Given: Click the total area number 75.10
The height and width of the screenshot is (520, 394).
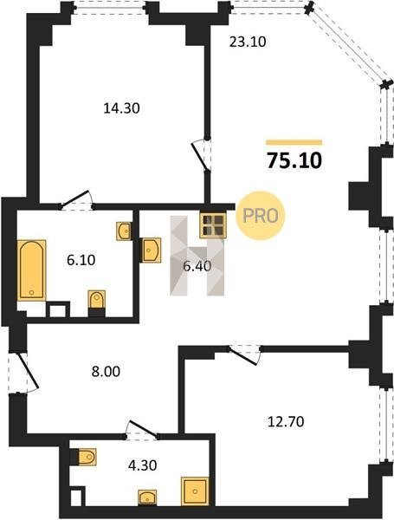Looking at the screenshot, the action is click(294, 160).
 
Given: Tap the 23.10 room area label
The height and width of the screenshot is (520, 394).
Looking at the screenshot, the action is click(248, 42).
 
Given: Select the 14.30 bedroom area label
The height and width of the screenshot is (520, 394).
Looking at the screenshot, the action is click(121, 108).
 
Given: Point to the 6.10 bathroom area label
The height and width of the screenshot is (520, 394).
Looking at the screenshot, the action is click(81, 260).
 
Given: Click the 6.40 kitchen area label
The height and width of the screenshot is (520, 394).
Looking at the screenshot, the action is click(197, 266).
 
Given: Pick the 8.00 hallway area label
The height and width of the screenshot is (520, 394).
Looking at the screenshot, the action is click(106, 372).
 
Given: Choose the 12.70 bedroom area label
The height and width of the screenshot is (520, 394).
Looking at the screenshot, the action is click(286, 422).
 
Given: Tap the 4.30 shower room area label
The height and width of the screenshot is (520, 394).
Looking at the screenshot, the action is click(143, 465).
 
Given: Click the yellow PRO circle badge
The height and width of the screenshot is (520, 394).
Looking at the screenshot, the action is click(261, 216).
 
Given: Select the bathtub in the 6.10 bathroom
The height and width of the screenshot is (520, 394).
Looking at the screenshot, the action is click(31, 270).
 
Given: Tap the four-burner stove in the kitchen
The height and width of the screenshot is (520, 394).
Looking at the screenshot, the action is click(213, 225).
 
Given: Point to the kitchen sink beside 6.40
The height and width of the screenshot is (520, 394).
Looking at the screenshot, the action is click(150, 250).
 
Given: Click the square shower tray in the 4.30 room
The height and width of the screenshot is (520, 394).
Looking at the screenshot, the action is click(195, 491).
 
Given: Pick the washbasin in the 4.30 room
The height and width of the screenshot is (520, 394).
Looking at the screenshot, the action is click(147, 497).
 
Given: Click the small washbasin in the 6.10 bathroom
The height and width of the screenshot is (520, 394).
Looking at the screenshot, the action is click(124, 231).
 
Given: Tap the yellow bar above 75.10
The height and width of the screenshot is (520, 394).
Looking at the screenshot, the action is click(294, 143).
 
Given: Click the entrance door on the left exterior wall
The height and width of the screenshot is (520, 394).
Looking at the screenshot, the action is click(23, 373).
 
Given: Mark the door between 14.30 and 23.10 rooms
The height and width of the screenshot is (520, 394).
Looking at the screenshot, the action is click(203, 155).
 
